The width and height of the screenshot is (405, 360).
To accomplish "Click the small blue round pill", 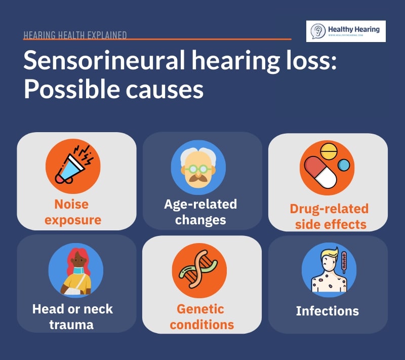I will point(344,165).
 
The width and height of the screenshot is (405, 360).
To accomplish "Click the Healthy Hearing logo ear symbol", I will point(318,31).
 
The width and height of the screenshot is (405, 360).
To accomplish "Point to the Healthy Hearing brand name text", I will point(353,29).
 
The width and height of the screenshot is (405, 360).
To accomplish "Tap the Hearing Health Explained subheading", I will point(75,35).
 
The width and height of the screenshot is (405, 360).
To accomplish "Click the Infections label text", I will point(327,311).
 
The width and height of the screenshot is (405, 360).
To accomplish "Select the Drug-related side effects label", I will point(329,216).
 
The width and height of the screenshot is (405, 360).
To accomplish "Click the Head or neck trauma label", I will point(72,316).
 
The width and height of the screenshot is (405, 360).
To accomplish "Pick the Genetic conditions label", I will point(201,316).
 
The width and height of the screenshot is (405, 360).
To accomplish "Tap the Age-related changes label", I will point(200,212).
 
